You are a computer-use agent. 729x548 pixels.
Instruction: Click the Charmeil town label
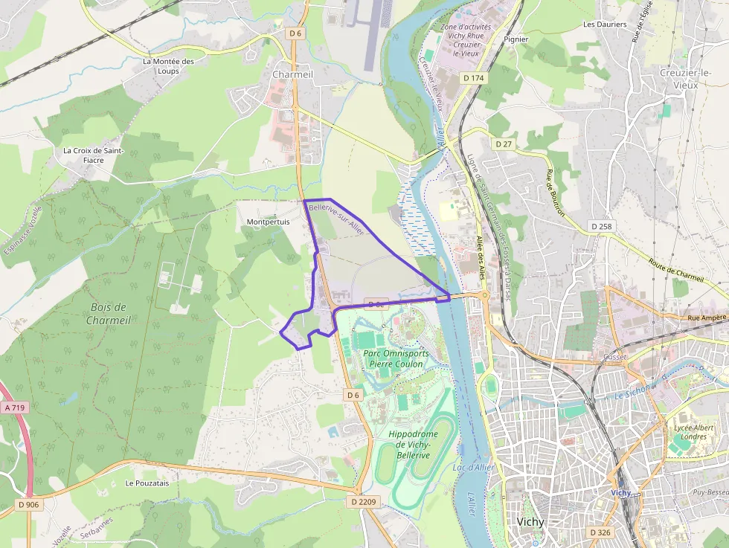coord(292,74)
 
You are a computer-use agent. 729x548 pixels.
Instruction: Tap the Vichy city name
coord(530,522)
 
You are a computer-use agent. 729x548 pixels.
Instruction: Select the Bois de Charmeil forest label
coord(109,313)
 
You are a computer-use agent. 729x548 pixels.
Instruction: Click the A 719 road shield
coord(14,407)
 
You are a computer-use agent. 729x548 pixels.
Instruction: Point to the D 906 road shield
coord(28,505)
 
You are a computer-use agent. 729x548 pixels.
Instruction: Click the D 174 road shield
coord(473,77)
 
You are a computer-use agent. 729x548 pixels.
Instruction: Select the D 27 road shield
coord(504,144)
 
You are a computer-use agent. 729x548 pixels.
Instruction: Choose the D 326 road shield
coord(600,532)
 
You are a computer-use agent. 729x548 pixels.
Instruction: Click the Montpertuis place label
coord(268,222)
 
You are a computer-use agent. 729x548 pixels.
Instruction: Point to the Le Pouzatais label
coord(147,483)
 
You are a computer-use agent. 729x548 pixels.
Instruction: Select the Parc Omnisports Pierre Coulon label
coord(396,359)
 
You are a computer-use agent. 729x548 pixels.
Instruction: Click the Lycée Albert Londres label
coord(693,432)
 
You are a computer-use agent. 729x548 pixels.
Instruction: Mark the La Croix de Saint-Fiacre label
coord(93,155)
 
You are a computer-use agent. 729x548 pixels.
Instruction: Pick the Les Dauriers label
coord(604,25)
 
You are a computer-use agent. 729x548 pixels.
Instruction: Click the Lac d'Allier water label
coord(473,467)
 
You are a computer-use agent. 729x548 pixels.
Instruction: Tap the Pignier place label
coord(516,39)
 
